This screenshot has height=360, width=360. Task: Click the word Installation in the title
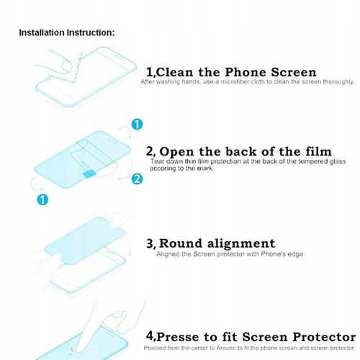pyautogui.click(x=42, y=32)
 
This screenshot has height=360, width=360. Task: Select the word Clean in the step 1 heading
pyautogui.click(x=175, y=72)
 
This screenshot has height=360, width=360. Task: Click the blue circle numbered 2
pyautogui.click(x=137, y=179)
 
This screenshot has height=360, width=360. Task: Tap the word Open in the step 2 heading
pyautogui.click(x=177, y=152)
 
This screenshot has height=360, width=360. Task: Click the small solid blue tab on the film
pyautogui.click(x=89, y=174)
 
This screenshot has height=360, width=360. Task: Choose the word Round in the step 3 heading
pyautogui.click(x=181, y=243)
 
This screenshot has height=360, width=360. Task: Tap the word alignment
pyautogui.click(x=241, y=244)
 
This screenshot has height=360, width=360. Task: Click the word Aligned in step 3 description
pyautogui.click(x=168, y=254)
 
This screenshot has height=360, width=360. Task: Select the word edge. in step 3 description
pyautogui.click(x=296, y=254)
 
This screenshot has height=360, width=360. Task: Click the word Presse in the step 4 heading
pyautogui.click(x=178, y=337)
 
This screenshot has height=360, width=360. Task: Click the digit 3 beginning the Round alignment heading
pyautogui.click(x=150, y=243)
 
